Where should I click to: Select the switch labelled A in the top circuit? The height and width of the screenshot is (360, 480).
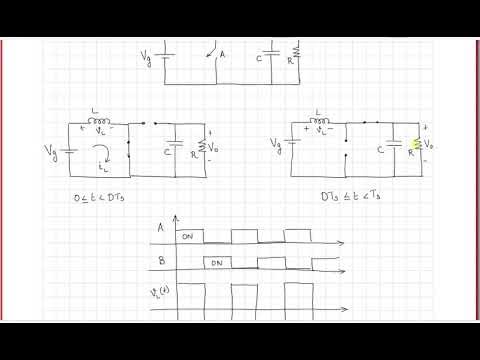pyautogui.click(x=213, y=54)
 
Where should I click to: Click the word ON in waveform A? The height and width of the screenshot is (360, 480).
pyautogui.click(x=187, y=237)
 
